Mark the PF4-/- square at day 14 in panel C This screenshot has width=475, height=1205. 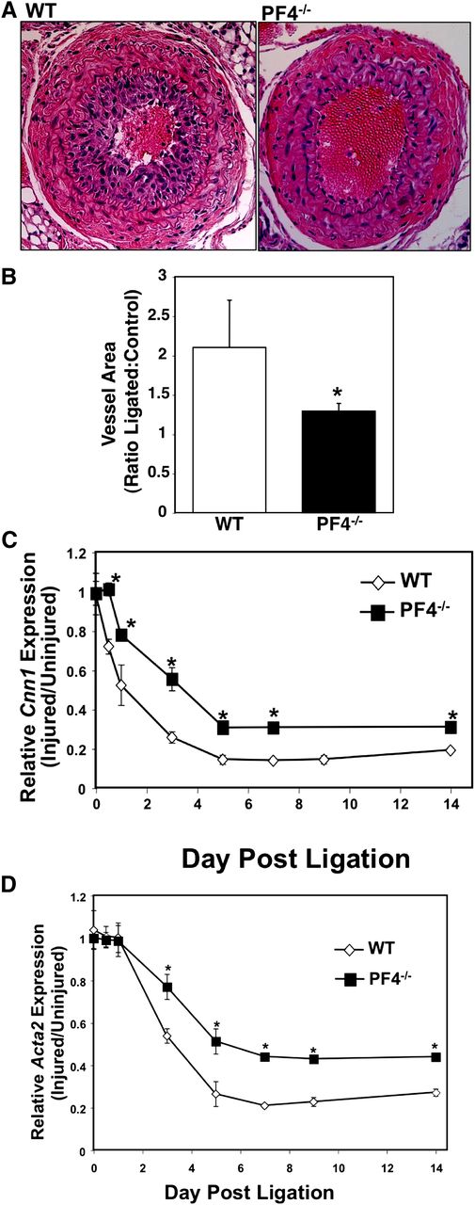point(451,727)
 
